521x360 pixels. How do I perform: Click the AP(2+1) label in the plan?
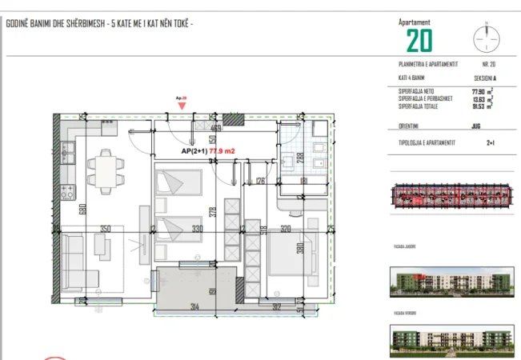pyautogui.click(x=194, y=150)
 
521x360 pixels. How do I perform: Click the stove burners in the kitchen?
pyautogui.click(x=67, y=193)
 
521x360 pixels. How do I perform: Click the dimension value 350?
pyautogui.click(x=105, y=229)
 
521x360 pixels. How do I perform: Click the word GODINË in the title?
pyautogui.click(x=18, y=24)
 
